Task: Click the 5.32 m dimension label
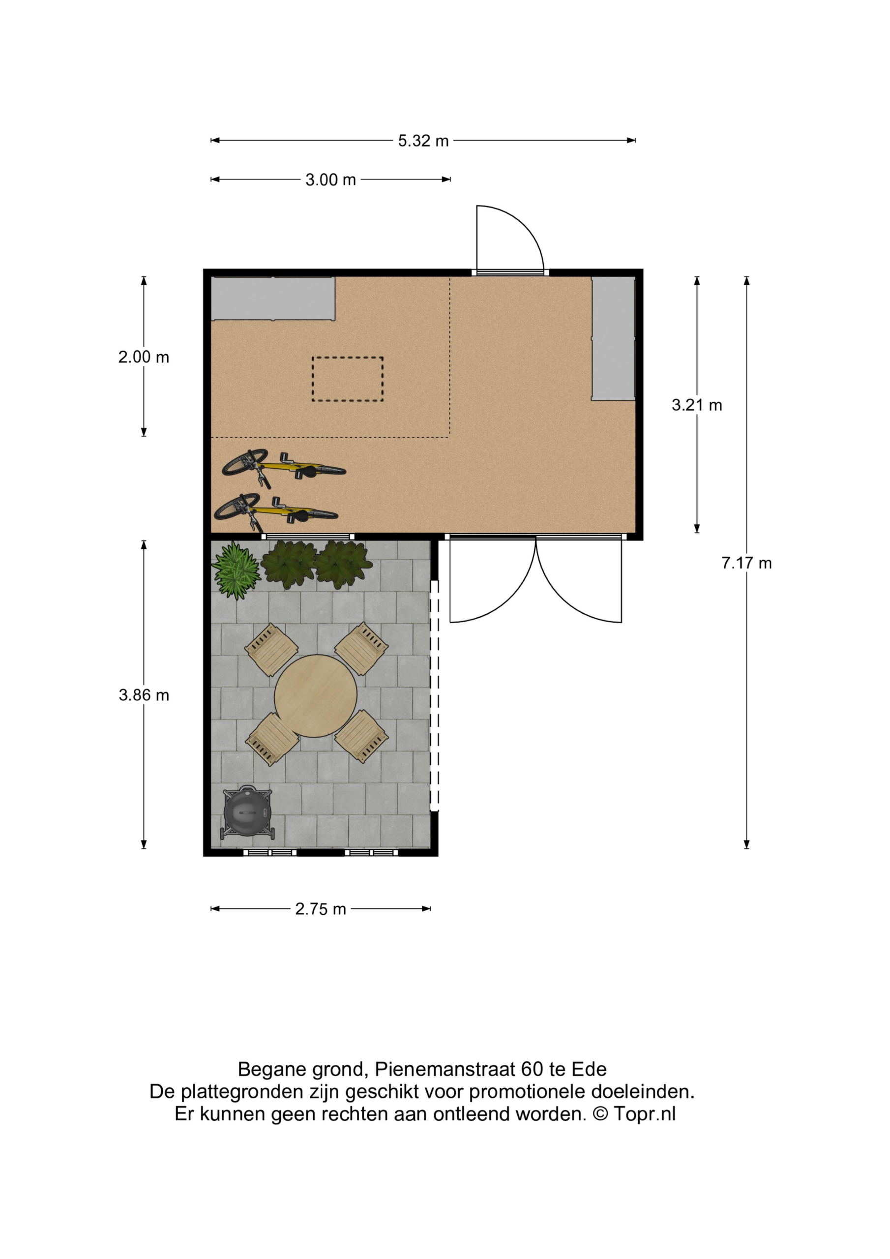[x=423, y=141]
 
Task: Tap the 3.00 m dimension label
[x=330, y=180]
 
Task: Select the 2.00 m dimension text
[x=144, y=357]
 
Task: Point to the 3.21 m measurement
[x=696, y=405]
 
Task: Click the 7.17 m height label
[x=746, y=563]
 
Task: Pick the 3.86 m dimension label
[x=144, y=695]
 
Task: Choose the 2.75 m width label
[x=320, y=909]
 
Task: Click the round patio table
[x=315, y=696]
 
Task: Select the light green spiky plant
[x=236, y=570]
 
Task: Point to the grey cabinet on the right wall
[x=613, y=338]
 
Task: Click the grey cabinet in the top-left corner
[x=273, y=299]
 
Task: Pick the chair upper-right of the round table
[x=361, y=648]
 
